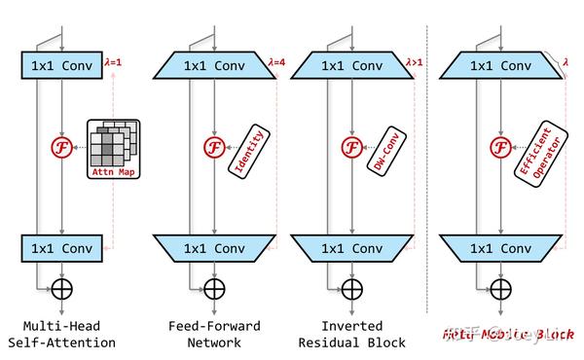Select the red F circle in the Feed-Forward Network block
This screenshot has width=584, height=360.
[211, 147]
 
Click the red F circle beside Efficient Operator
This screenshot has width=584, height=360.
[499, 147]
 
